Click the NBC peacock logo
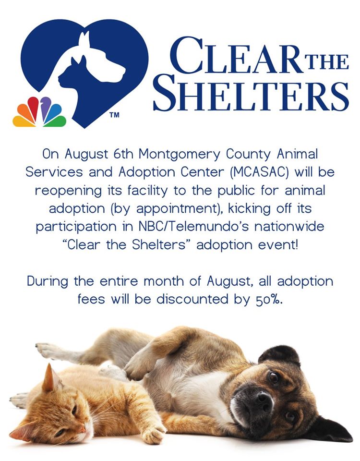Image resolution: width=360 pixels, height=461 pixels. pyautogui.click(x=39, y=112)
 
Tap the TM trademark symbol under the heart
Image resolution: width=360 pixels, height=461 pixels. pyautogui.click(x=114, y=115)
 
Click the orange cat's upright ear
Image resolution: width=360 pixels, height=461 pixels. pyautogui.click(x=49, y=377)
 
